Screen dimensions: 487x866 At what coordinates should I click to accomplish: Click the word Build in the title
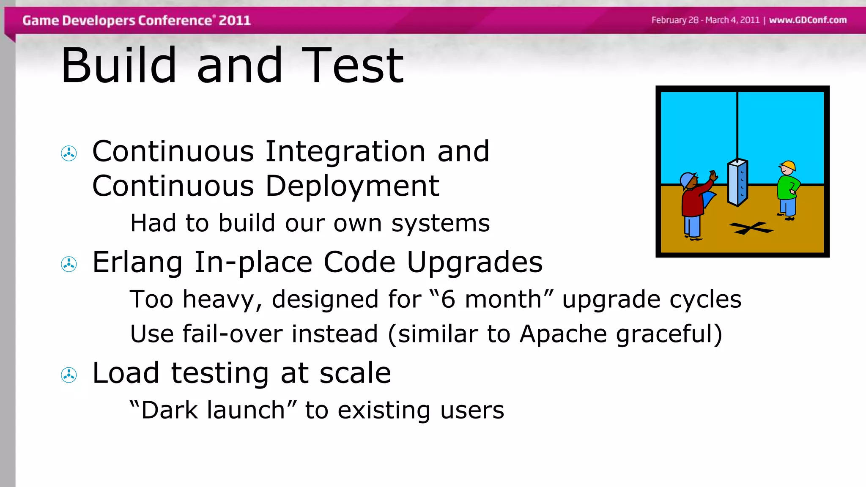[x=118, y=66]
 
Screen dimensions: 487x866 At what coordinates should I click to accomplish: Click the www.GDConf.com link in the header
[x=808, y=20]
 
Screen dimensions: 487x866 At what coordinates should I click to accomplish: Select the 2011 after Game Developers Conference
[x=235, y=20]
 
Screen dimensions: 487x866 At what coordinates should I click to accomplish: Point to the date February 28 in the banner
[x=675, y=20]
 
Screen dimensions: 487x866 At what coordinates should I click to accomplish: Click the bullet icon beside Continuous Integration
[x=69, y=153]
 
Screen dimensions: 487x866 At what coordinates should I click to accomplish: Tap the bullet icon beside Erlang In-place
[x=69, y=264]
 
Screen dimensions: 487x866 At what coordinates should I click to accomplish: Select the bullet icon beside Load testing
[x=69, y=375]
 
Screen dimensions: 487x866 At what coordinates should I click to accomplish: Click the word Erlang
[x=137, y=262]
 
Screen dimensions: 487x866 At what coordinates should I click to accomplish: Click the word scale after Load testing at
[x=355, y=373]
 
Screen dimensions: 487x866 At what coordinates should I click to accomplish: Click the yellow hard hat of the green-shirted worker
[x=789, y=165]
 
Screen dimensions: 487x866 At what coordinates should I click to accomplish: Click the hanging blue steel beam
[x=738, y=183]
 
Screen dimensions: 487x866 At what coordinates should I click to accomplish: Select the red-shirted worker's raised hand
[x=713, y=175]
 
